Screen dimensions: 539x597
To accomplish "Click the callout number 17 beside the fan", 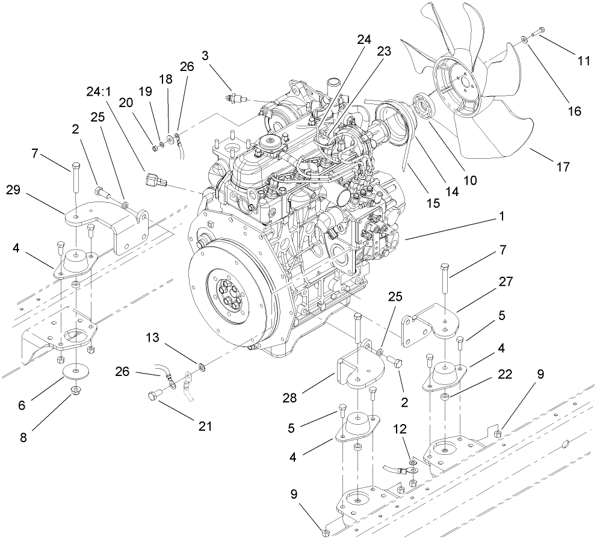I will (563, 167).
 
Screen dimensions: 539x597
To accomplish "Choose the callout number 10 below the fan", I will (469, 180).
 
